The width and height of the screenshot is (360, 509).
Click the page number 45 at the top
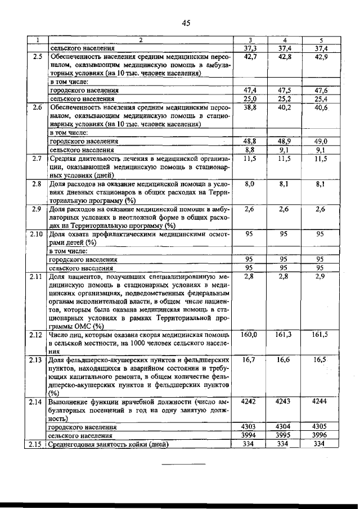[187, 23]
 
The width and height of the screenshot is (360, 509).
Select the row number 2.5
[37, 57]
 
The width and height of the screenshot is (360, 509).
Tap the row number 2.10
[37, 233]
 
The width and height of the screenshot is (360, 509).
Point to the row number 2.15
[37, 444]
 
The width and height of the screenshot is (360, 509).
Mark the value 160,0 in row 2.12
[249, 335]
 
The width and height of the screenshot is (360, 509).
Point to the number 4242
[250, 402]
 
